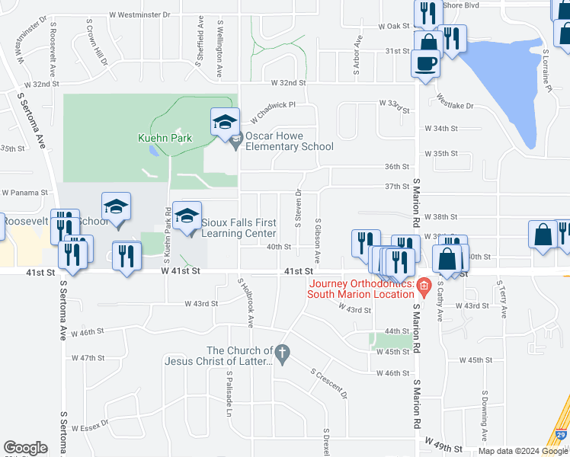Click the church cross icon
pyautogui.click(x=282, y=354)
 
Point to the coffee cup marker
pyautogui.click(x=424, y=64)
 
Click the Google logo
pyautogui.click(x=26, y=448)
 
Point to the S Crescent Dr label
pyautogui.click(x=328, y=384)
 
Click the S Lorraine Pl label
pyautogui.click(x=547, y=72)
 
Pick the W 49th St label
pyautogui.click(x=444, y=443)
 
